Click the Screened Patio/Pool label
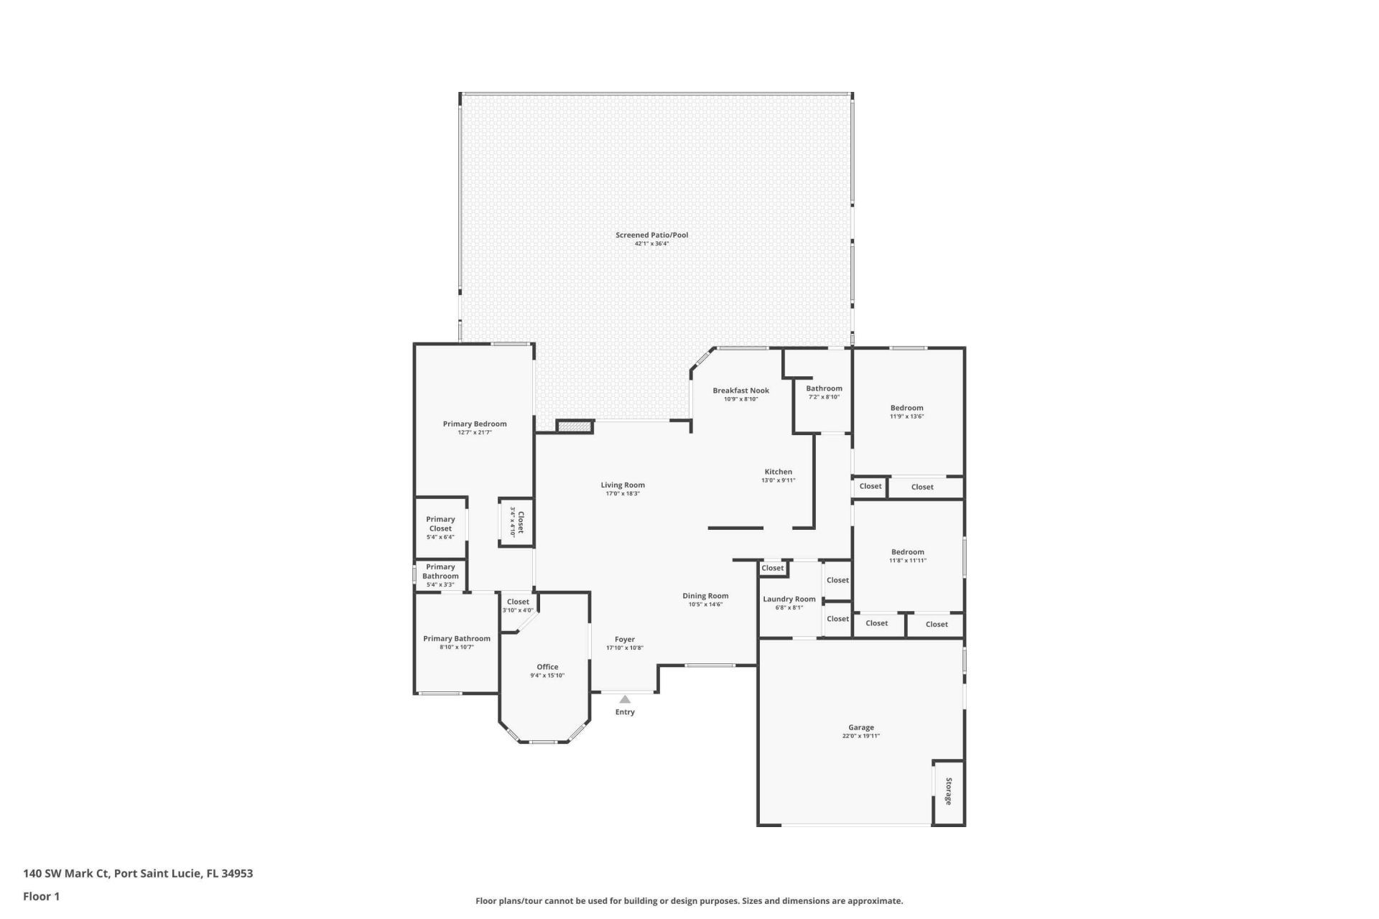tap(651, 235)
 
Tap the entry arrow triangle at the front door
tap(625, 699)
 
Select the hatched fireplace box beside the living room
tap(575, 426)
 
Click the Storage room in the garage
tap(948, 791)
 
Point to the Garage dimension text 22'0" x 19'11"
tap(860, 736)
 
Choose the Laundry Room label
tap(789, 599)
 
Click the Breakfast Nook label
tap(740, 391)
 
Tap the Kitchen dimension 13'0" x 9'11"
tap(779, 480)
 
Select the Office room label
tap(547, 667)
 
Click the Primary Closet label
tap(440, 523)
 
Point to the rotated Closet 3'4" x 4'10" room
tap(516, 522)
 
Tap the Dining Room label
tap(705, 595)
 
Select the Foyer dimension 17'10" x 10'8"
tap(625, 648)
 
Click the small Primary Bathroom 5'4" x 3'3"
tap(440, 575)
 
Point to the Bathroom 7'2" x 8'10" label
tap(824, 388)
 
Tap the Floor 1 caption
tap(41, 896)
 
